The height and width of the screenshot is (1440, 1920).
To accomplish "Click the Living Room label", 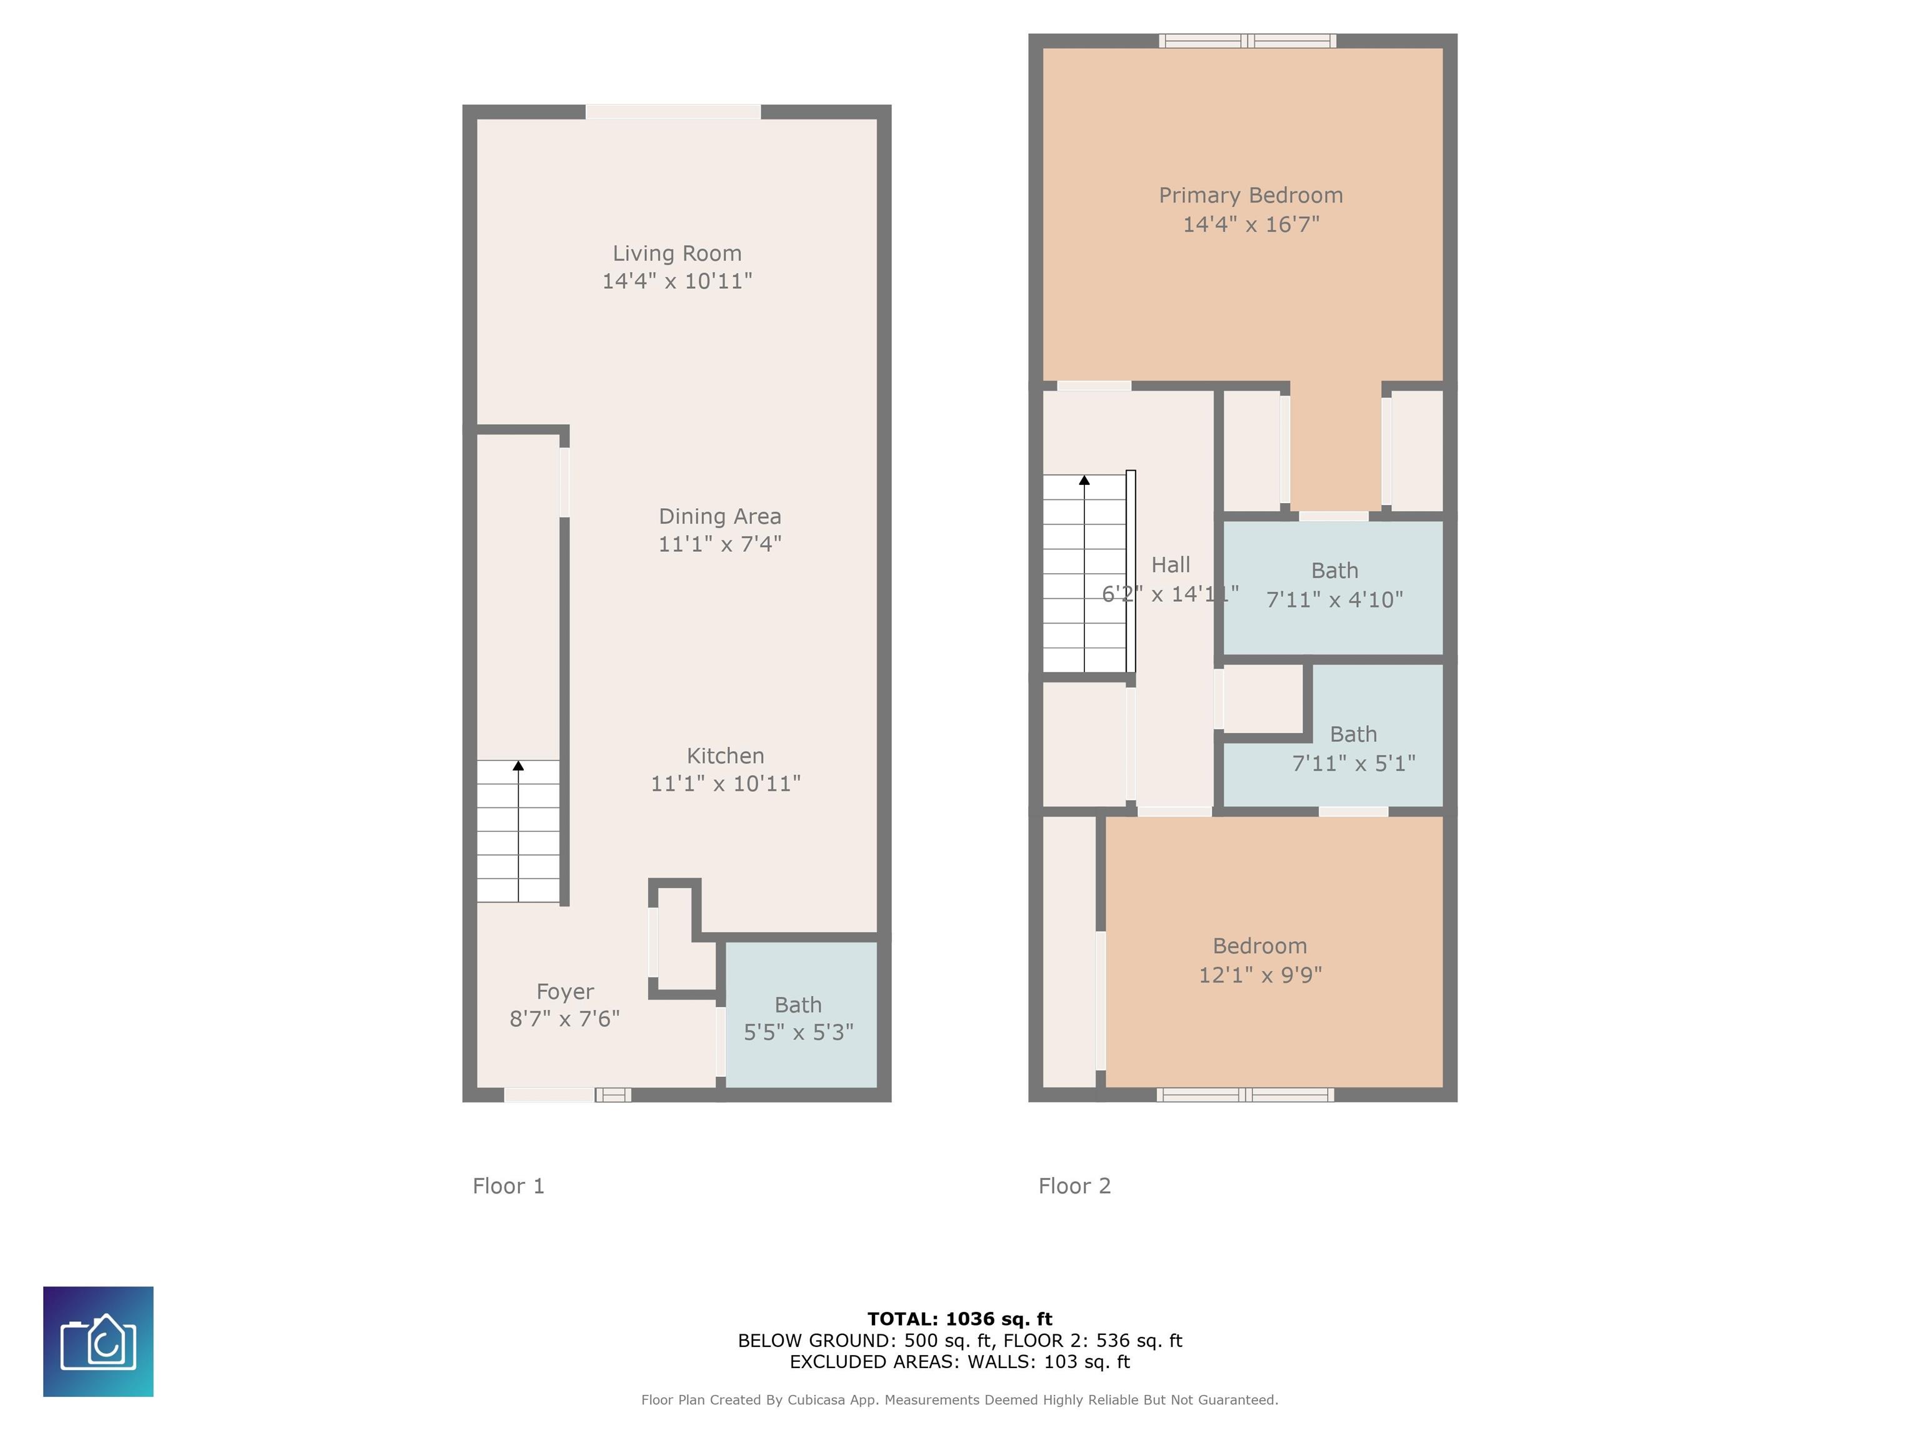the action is click(x=677, y=254).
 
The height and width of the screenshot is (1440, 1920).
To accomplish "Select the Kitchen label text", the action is click(x=726, y=756).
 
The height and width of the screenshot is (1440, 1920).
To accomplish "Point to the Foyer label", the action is click(x=565, y=992).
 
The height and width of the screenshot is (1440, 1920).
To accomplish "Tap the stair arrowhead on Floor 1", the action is click(x=518, y=766).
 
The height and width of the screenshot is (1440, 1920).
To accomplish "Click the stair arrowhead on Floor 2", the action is click(x=1084, y=480).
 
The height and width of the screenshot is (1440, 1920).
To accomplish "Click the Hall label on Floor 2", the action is click(x=1170, y=565).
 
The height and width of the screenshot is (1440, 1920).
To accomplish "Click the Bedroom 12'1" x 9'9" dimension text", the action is click(x=1261, y=976).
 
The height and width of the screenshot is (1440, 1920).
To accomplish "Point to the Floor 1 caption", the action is click(x=509, y=1186).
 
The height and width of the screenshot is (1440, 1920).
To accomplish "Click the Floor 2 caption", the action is click(x=1074, y=1186).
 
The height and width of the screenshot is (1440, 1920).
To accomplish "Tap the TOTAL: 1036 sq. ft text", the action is click(x=960, y=1319).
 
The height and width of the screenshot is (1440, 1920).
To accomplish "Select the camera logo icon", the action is click(x=98, y=1342).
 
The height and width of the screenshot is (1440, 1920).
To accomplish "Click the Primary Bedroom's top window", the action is click(x=1247, y=41).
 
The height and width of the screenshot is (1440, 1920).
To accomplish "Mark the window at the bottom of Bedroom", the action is click(x=1245, y=1094).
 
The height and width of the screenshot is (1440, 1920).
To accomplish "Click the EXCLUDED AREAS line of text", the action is click(x=960, y=1362).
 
